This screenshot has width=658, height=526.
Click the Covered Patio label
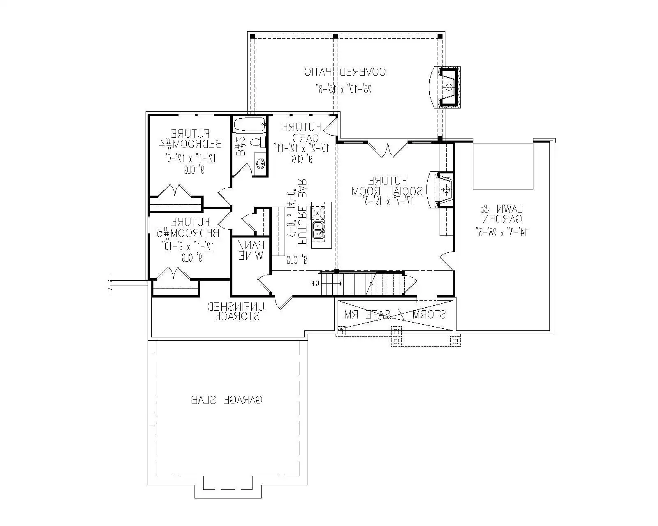click(x=345, y=72)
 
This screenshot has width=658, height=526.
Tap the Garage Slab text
click(x=227, y=399)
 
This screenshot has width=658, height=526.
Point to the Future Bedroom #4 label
click(x=190, y=139)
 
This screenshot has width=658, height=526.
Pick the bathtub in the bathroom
click(x=250, y=124)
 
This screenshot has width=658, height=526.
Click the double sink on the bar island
click(x=318, y=230)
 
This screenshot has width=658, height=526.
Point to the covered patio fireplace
click(x=448, y=87)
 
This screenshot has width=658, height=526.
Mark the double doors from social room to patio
click(x=388, y=149)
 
